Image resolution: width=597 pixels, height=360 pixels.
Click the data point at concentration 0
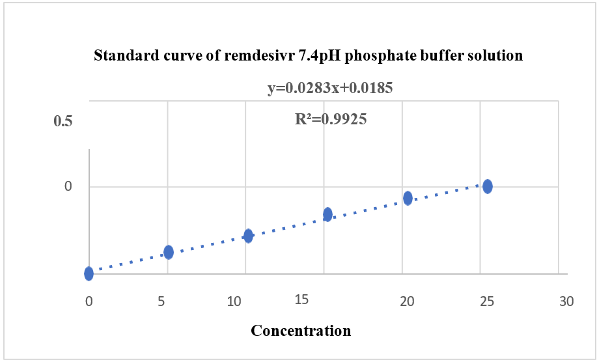89,273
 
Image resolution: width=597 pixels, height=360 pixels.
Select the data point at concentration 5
169,252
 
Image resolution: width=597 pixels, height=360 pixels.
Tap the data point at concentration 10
248,236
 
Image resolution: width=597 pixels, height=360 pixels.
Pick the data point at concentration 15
327,214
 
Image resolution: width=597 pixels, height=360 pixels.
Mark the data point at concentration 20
408,198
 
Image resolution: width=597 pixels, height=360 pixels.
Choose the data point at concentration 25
487,187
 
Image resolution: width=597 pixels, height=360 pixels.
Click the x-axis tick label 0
89,301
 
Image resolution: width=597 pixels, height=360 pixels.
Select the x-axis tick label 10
243,301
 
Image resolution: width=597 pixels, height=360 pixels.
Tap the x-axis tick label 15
301,299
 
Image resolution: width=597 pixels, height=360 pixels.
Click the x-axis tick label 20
406,301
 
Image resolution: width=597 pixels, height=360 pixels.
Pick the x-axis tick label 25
486,301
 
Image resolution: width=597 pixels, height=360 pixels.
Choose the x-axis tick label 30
566,301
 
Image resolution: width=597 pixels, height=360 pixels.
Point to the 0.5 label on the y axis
62,122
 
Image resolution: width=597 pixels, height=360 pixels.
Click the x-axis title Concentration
301,331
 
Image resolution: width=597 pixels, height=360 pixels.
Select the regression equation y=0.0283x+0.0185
330,88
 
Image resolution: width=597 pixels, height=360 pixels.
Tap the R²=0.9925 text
331,119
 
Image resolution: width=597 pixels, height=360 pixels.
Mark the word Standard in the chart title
121,56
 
